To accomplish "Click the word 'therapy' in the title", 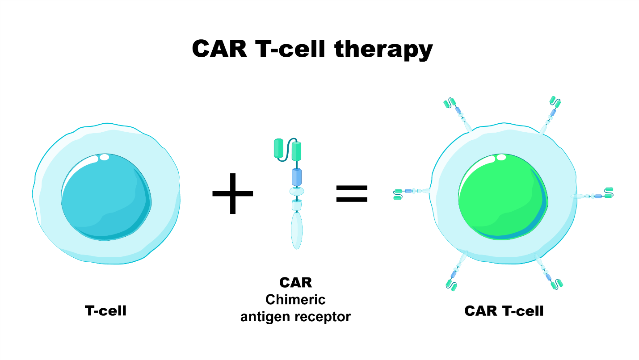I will (383, 49).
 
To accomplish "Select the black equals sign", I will (352, 193).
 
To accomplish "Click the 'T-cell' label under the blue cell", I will (105, 310).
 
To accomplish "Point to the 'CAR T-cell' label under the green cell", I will (504, 310).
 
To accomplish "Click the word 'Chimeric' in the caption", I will (295, 299).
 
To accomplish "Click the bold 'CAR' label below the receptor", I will (295, 283).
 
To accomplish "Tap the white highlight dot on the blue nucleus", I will (104, 157).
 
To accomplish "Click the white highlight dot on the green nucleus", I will (501, 157).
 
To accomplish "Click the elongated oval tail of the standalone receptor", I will (296, 230).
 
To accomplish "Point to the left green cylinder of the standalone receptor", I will (279, 148).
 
